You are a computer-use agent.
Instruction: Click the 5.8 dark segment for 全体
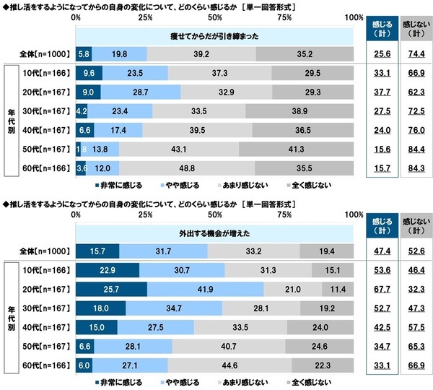(83, 53)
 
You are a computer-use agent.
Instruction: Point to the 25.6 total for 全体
(378, 53)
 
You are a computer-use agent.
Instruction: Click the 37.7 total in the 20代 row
(378, 92)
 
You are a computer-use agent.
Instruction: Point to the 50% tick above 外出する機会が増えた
(214, 216)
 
